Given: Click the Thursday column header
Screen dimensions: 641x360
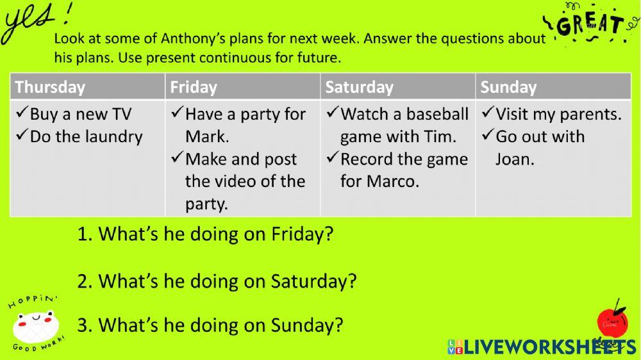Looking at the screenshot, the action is click(50, 87).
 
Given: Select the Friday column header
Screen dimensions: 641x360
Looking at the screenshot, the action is click(194, 87).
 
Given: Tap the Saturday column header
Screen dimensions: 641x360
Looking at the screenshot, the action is click(359, 87).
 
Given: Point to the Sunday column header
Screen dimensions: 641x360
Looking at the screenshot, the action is click(508, 87).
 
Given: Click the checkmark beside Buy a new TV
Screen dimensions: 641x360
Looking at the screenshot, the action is click(22, 112).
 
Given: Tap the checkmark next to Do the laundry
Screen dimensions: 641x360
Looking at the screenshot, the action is click(22, 135).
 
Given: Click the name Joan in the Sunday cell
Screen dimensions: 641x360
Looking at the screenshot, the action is click(515, 159).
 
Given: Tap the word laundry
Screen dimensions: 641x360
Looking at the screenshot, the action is click(115, 137).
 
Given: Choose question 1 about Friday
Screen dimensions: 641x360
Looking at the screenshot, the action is click(205, 234).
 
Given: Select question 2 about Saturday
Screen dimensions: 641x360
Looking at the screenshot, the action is click(217, 282).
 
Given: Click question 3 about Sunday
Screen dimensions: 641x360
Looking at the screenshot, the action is click(210, 325).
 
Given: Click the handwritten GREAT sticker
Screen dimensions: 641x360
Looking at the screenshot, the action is click(589, 23).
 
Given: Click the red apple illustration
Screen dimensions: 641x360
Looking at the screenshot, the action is click(612, 323).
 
